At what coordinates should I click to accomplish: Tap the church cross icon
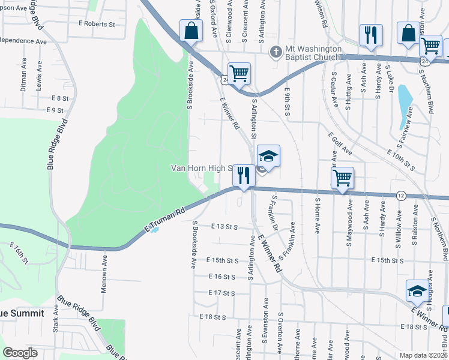276,52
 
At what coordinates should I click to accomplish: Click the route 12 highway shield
400,196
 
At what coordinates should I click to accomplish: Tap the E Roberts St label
97,25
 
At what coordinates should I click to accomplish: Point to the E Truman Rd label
163,221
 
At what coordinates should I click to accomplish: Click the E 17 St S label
220,293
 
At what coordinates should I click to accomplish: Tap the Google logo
20,352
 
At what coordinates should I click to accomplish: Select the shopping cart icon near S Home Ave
342,178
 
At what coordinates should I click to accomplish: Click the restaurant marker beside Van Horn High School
243,175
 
